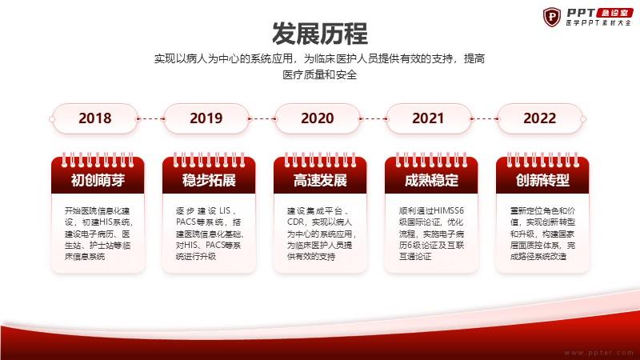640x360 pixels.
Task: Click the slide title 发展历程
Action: pos(319,34)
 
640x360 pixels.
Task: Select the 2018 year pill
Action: pos(94,118)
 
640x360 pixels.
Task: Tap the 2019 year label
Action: pos(206,118)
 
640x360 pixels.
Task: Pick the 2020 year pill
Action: pos(317,118)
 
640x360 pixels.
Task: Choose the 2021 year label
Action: pos(428,118)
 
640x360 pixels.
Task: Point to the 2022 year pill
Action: pos(540,118)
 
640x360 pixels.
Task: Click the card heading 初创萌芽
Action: pos(98,180)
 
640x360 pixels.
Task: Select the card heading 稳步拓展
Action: pos(209,180)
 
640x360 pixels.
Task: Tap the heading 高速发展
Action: pos(320,180)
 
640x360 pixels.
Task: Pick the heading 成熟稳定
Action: pos(431,180)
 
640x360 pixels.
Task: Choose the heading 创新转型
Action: pos(542,180)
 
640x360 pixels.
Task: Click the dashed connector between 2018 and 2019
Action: pos(151,119)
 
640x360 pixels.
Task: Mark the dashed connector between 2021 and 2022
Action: pos(485,119)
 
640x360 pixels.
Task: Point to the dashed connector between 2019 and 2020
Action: pos(262,119)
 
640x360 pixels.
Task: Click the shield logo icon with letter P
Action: pos(552,17)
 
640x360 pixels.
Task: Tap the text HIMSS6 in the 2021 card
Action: pos(448,210)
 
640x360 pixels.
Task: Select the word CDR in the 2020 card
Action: pos(295,222)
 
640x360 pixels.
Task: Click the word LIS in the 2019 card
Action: pos(225,210)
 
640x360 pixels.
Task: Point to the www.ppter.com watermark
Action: pos(598,352)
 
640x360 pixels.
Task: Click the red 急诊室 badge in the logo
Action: pos(614,13)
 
